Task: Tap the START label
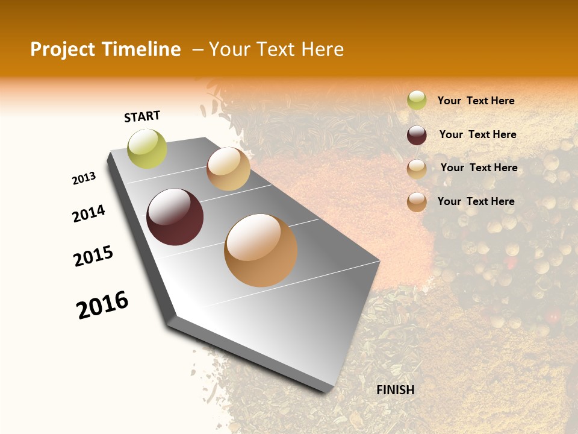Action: coord(142,116)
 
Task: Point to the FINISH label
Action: coord(396,390)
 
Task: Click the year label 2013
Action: coord(84,178)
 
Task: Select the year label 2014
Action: coord(89,214)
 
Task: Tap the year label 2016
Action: coord(102,305)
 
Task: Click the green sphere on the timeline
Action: coord(148,149)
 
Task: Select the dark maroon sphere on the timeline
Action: coord(175,217)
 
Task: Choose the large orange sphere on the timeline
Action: coord(261,250)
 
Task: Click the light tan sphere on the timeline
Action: coord(228,169)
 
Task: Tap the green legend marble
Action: coord(417,101)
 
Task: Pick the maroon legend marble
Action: coord(417,135)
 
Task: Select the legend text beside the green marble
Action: coord(476,101)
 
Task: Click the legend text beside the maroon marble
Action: coord(477,134)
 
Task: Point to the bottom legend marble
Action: coord(417,202)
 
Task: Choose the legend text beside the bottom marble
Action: coord(476,201)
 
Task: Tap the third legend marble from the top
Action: coord(417,169)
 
